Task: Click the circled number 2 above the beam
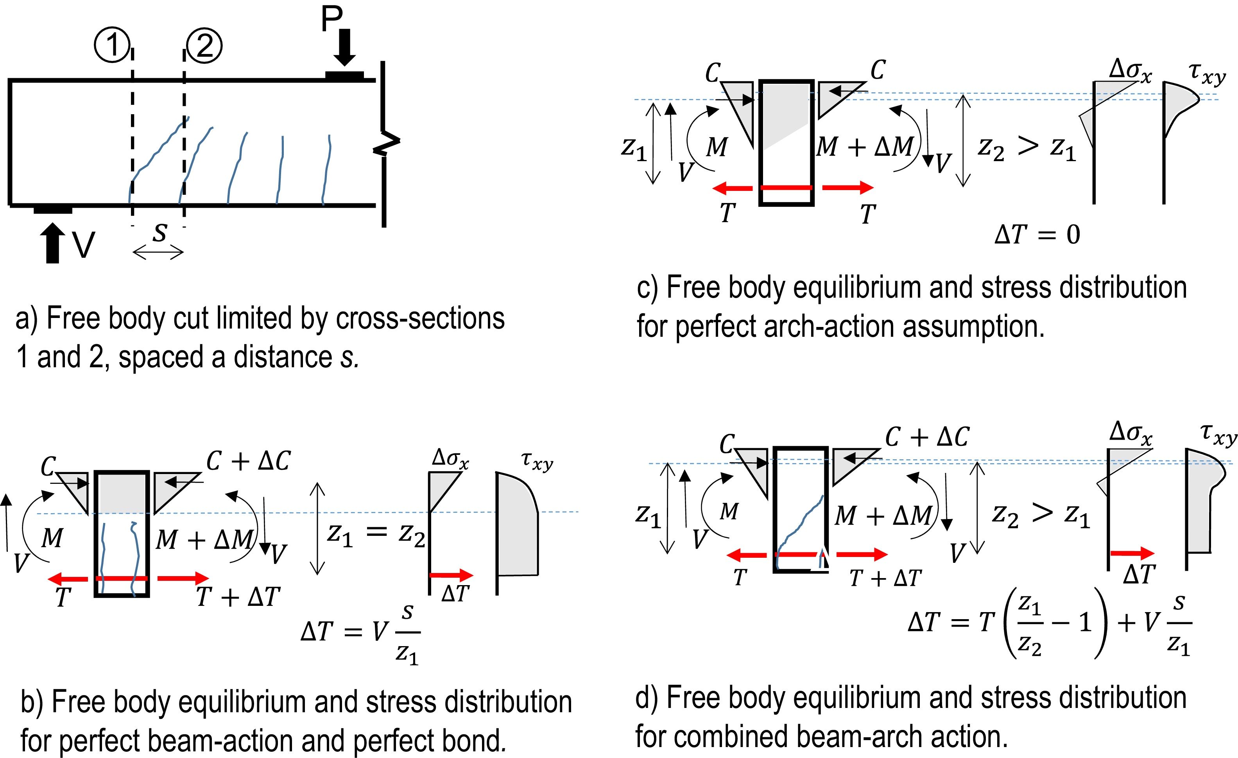click(204, 46)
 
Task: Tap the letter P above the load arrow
click(331, 19)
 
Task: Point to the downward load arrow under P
click(345, 48)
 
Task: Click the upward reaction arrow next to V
click(52, 243)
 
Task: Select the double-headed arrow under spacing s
click(158, 252)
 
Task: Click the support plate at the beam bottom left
click(53, 209)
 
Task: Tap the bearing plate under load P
click(345, 76)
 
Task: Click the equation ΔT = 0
click(1037, 234)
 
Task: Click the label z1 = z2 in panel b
click(376, 534)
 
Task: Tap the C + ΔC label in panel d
click(927, 437)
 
